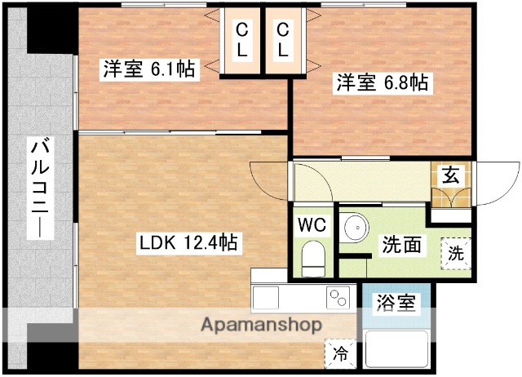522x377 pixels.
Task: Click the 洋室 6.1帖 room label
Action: tap(148, 69)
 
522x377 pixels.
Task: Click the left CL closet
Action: tap(243, 40)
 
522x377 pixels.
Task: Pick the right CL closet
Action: tap(283, 40)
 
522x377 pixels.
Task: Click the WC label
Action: tap(312, 224)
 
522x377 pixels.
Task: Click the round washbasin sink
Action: tap(354, 228)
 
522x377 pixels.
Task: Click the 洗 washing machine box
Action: tap(457, 252)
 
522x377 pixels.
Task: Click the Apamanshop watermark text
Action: tap(261, 324)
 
